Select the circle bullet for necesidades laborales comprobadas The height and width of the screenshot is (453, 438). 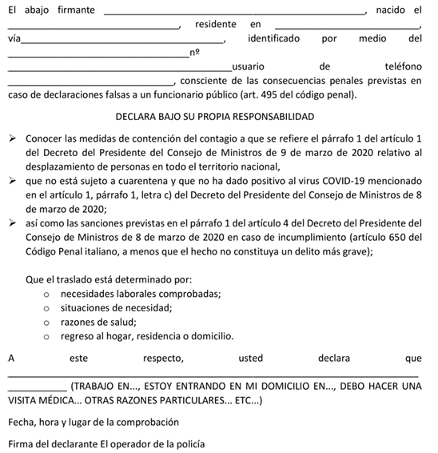click(x=47, y=294)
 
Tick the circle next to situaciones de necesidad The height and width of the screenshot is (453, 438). click(x=47, y=307)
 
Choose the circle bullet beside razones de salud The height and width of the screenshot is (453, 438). click(x=47, y=321)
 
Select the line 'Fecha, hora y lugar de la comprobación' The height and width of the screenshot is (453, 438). click(x=94, y=421)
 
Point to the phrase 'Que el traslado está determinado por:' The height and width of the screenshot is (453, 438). click(x=104, y=279)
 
